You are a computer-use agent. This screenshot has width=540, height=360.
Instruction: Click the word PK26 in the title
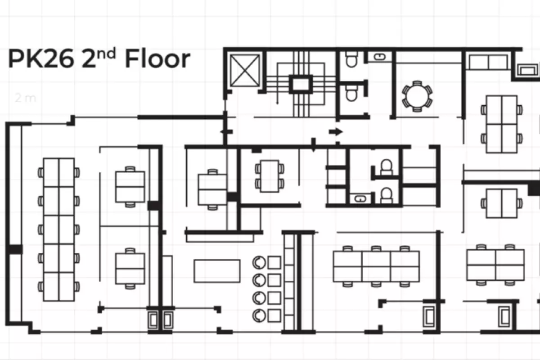pos(41,58)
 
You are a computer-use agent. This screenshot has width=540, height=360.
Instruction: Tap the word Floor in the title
pos(158,58)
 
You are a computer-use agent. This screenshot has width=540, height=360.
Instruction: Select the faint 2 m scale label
pos(25,98)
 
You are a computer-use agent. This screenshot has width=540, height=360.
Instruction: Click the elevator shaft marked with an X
pos(245,70)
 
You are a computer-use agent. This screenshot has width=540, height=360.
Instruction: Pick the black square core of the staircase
pos(301,85)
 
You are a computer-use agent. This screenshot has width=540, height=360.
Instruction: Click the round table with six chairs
pos(417,96)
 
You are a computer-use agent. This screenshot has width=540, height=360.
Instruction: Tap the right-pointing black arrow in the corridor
pos(336,132)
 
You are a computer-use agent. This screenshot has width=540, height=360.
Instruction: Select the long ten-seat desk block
pos(59,229)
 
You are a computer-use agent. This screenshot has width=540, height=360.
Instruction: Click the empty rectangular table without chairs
pos(217,271)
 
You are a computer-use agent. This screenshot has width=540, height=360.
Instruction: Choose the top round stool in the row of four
pos(259,262)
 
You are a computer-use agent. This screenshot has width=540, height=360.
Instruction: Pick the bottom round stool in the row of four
pos(259,315)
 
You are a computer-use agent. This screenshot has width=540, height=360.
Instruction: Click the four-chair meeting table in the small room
pos(270,176)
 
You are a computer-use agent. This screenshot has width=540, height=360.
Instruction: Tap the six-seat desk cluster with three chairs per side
pos(376,266)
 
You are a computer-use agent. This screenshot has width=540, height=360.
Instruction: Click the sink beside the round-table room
pos(380,57)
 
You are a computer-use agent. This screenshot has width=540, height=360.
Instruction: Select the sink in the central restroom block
pos(360,199)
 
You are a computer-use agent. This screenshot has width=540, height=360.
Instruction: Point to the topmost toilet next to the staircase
pos(351,59)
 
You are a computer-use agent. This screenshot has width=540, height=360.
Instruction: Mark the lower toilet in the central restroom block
pos(386,195)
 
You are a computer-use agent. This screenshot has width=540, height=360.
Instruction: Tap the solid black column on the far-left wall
pos(15,249)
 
